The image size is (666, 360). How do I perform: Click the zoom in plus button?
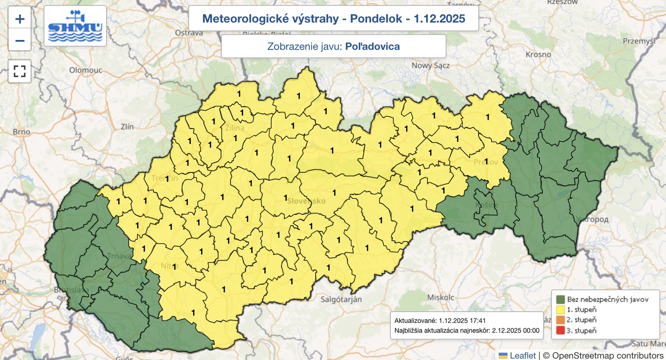20,19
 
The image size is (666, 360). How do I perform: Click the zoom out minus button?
20,41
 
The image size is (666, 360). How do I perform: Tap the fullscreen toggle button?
20,71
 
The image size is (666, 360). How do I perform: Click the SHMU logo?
75,26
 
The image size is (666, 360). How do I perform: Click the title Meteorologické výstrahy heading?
333,19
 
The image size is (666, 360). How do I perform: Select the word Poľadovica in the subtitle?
372,46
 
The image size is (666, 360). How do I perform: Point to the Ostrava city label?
189,33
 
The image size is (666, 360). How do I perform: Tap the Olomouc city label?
85,70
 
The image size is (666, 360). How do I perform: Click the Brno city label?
21,132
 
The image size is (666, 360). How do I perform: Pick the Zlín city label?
127,127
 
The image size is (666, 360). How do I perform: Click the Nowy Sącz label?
430,65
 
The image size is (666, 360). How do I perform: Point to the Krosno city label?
538,55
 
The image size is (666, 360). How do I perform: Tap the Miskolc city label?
440,297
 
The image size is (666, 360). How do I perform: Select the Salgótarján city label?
341,299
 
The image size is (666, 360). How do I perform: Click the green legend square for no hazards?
560,299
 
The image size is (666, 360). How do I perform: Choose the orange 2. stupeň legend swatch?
560,320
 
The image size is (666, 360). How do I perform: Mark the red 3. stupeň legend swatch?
560,330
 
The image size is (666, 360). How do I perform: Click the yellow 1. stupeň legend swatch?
560,310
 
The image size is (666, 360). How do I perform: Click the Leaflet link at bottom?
522,355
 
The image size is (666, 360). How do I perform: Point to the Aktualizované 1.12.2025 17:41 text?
440,320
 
